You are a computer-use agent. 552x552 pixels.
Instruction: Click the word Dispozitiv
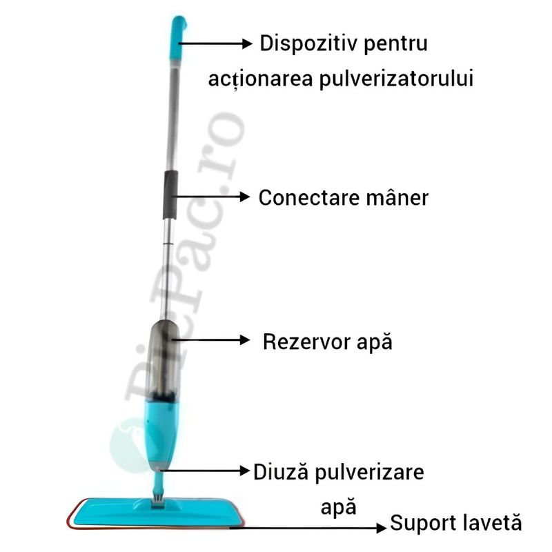(x=308, y=44)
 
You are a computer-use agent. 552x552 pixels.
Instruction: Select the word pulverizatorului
(x=396, y=79)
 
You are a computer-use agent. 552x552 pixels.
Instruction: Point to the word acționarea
(x=260, y=79)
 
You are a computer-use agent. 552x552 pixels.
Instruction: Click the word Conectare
(x=308, y=198)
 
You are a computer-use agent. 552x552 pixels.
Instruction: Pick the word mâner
(x=397, y=197)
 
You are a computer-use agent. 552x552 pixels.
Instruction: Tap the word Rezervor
(x=306, y=342)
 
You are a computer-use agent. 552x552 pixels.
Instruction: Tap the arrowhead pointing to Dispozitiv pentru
(x=247, y=43)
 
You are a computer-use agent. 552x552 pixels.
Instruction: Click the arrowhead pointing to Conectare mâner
(x=245, y=197)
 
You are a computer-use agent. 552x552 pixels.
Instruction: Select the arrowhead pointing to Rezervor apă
(x=245, y=340)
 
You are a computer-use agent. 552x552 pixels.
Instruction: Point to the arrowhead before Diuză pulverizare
(x=245, y=471)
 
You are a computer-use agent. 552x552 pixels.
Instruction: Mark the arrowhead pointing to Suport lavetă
(x=382, y=528)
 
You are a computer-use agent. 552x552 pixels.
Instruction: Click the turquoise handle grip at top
(x=178, y=38)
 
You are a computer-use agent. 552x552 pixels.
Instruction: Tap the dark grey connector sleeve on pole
(x=170, y=195)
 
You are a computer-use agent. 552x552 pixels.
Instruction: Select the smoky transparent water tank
(x=164, y=361)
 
